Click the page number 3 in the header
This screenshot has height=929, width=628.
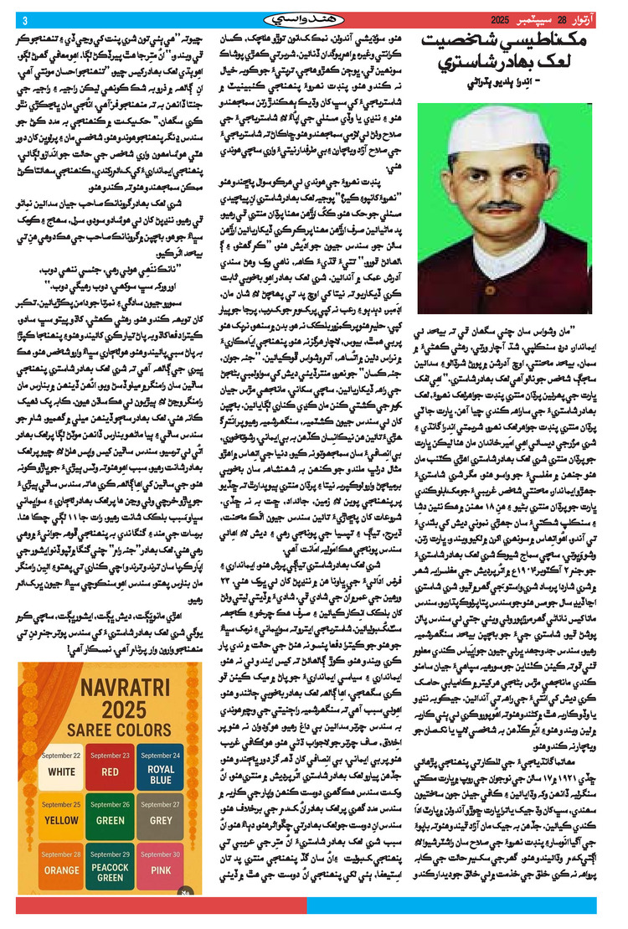[24, 20]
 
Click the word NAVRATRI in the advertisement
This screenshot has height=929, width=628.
[111, 658]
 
